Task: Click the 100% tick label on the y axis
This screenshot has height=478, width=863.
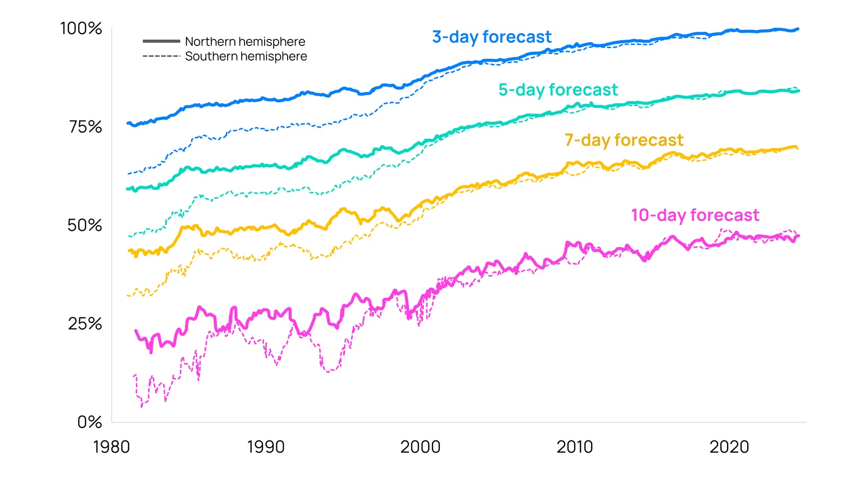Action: (x=81, y=29)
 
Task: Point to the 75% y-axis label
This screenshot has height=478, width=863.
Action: (x=85, y=127)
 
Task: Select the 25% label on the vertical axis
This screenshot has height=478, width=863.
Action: (x=85, y=324)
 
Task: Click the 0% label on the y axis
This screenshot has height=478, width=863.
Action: (x=89, y=422)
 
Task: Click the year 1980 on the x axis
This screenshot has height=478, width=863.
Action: (x=111, y=447)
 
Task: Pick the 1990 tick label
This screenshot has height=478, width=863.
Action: (x=266, y=447)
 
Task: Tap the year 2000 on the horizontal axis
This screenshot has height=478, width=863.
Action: (x=420, y=447)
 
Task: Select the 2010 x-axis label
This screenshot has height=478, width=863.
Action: (x=574, y=447)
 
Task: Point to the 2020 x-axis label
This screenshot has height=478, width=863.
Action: (x=729, y=447)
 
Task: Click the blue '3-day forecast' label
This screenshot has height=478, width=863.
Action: (x=492, y=37)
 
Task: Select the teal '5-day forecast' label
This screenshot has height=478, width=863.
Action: (x=558, y=90)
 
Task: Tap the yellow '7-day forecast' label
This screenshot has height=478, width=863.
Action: (x=624, y=140)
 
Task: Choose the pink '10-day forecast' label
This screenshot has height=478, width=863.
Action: (x=694, y=215)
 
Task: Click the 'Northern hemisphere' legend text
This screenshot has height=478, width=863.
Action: (x=245, y=42)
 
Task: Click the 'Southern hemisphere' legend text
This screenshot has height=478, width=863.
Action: (x=246, y=56)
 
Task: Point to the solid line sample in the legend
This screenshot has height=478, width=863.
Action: (x=161, y=42)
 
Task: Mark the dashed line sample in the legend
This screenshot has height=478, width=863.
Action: (x=161, y=56)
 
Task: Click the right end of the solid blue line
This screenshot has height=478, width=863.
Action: (x=798, y=29)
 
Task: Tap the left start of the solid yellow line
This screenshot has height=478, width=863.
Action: (x=129, y=251)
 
